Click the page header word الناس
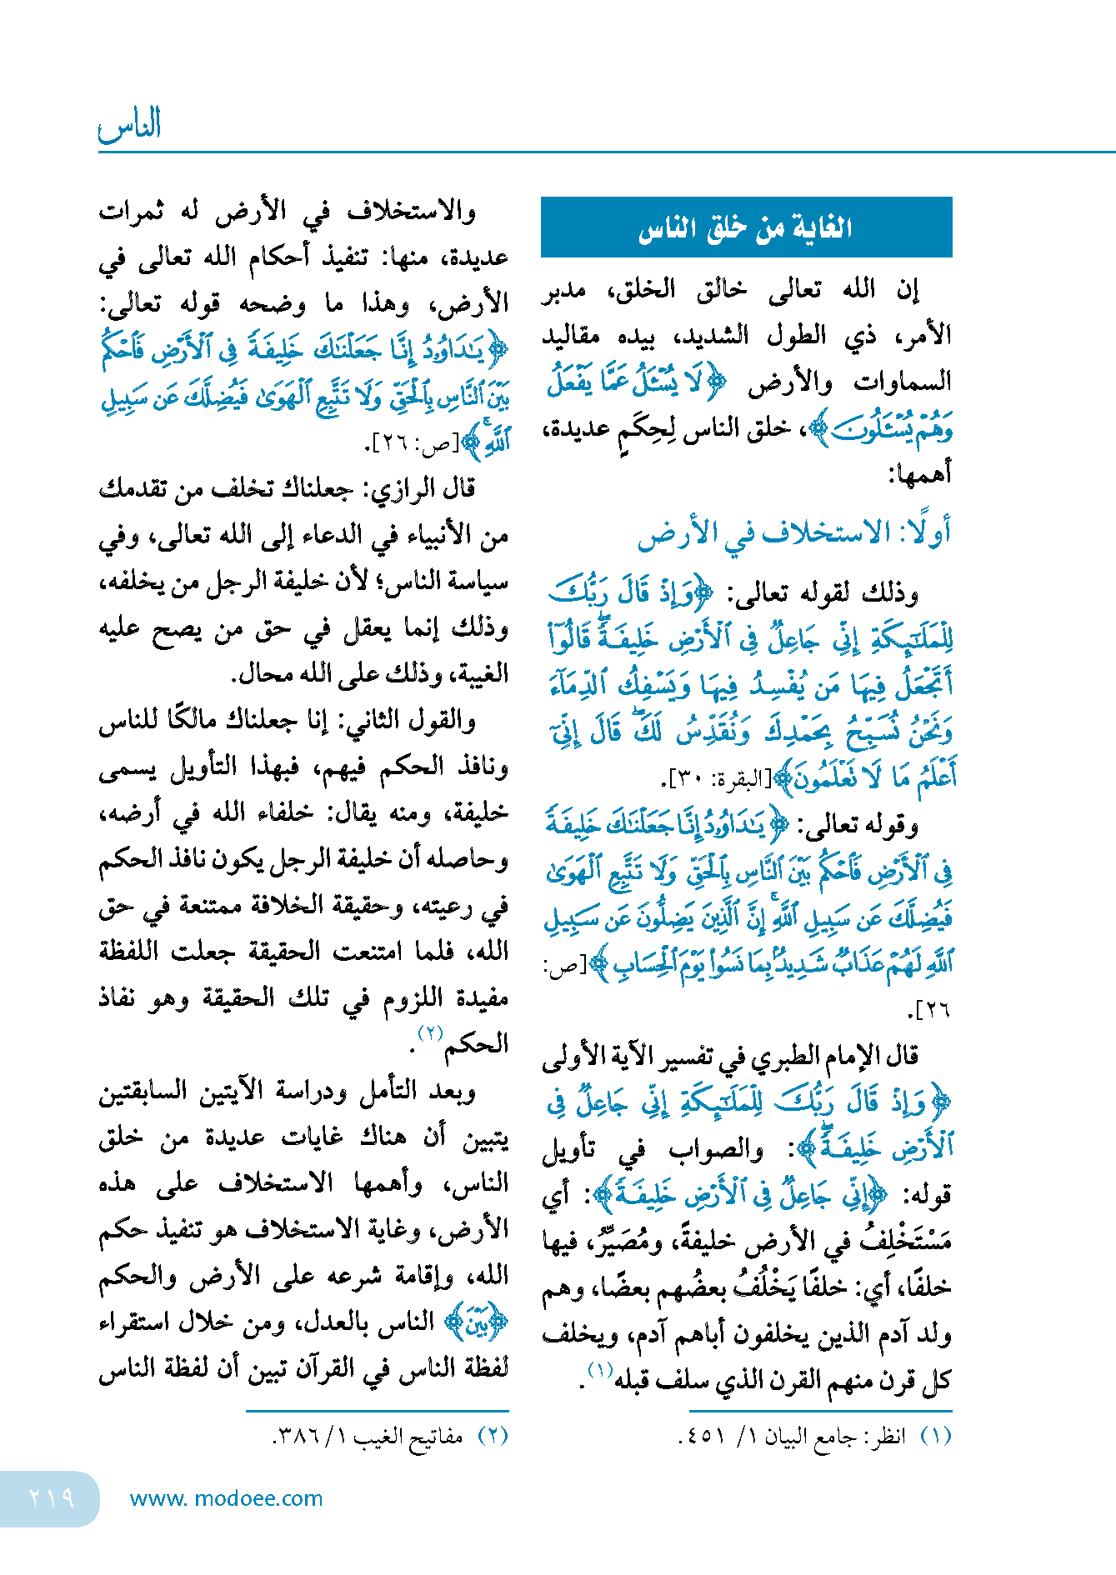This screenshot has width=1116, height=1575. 130,126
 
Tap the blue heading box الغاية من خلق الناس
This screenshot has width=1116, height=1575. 746,227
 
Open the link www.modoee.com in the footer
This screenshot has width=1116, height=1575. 226,1498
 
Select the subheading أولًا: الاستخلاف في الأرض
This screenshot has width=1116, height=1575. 793,533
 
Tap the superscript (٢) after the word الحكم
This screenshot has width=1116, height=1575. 430,1033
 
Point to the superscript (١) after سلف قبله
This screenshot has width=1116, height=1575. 600,1369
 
